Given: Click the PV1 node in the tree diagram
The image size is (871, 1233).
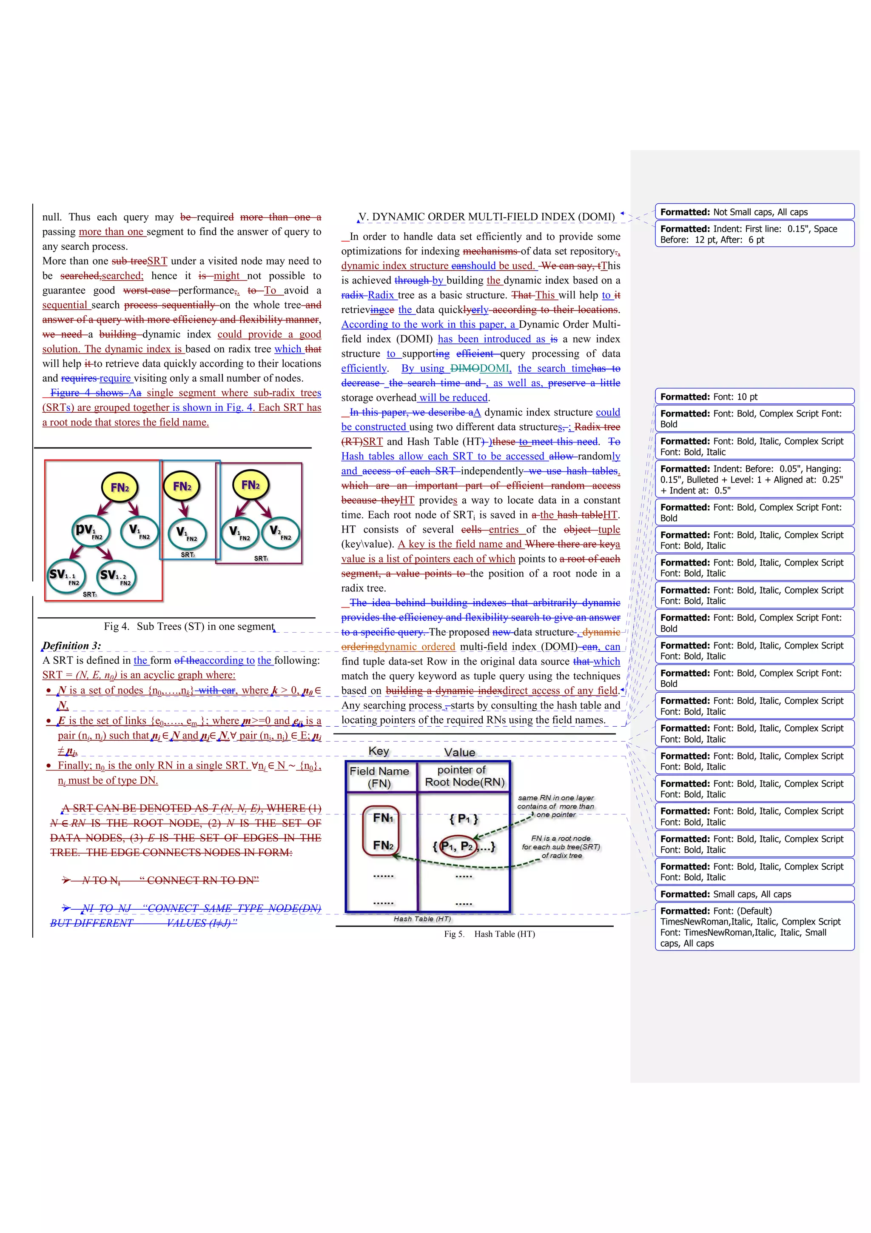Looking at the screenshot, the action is tap(91, 531).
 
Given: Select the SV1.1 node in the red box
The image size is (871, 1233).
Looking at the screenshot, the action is tap(66, 576).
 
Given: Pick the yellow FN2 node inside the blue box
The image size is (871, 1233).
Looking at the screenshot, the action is tap(182, 487).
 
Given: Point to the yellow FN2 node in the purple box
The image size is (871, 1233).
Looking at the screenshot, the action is tap(250, 485).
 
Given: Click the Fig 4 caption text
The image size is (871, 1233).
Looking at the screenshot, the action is tap(189, 626).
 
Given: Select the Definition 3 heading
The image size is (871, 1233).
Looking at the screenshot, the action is tap(72, 645).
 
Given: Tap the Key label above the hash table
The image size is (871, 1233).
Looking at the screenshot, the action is tap(379, 751).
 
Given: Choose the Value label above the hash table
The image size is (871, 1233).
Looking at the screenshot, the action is tap(459, 752).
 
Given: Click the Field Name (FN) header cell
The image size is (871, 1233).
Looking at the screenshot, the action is tap(379, 776).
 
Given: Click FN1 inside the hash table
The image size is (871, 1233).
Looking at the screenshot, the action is tap(383, 818).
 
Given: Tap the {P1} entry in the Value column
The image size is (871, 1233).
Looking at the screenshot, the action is tap(464, 819).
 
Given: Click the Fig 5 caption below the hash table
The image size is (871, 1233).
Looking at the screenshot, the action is tap(489, 934).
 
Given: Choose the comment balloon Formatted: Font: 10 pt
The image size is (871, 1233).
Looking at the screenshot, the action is tap(754, 397).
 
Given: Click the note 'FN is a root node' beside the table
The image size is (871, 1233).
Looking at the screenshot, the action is tap(561, 846).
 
